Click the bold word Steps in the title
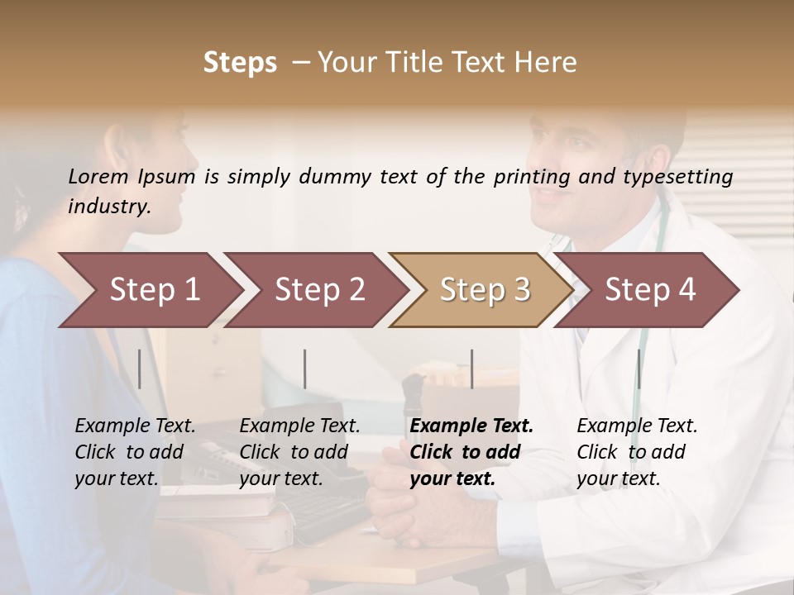[x=240, y=63]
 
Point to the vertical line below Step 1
[x=140, y=369]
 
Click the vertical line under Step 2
[x=305, y=369]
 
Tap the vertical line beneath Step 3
[x=471, y=369]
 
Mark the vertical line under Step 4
[x=639, y=369]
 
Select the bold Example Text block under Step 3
[x=471, y=452]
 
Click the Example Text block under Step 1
[x=135, y=452]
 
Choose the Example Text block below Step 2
[x=299, y=452]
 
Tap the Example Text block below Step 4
[x=637, y=452]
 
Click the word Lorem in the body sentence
[x=98, y=177]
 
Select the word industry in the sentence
[x=108, y=207]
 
